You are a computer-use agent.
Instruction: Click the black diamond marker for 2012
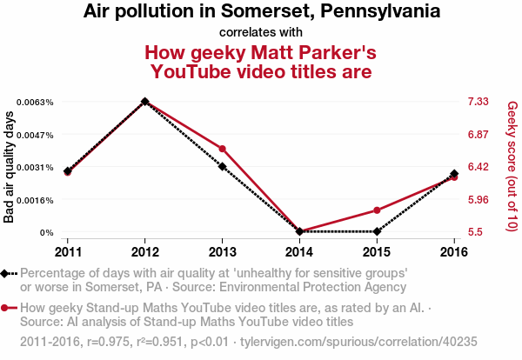click(x=145, y=102)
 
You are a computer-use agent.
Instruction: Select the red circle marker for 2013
click(x=223, y=150)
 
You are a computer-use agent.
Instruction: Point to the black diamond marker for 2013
click(x=223, y=166)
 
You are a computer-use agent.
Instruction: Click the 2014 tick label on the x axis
click(x=300, y=251)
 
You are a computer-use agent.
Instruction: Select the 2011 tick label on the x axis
click(x=68, y=251)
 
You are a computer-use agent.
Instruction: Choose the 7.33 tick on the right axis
click(x=478, y=103)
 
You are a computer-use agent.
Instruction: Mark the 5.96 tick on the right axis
click(x=478, y=200)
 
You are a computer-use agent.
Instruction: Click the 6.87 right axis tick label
click(x=478, y=135)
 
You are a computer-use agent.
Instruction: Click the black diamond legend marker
click(x=5, y=273)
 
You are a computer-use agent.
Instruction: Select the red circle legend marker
click(x=5, y=308)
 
